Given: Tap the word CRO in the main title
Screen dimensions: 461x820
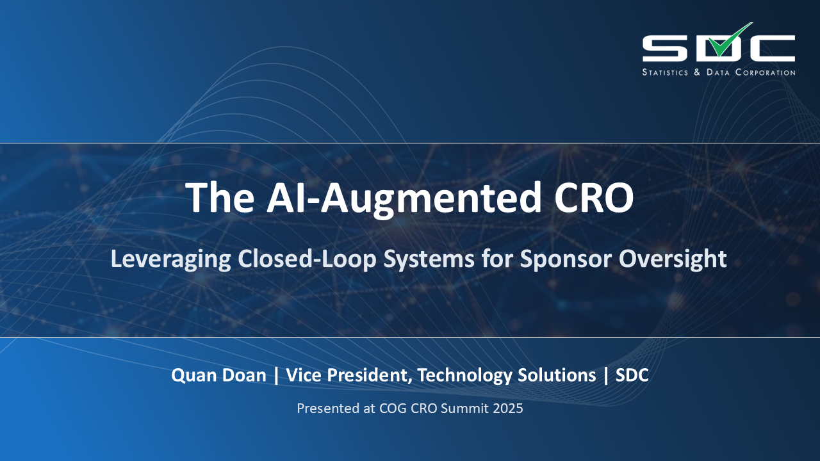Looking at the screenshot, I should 594,198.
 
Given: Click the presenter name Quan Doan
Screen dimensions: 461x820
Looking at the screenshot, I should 218,375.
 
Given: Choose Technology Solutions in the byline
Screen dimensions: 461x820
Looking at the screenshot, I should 506,375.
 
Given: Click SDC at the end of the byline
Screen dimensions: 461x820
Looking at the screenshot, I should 632,375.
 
